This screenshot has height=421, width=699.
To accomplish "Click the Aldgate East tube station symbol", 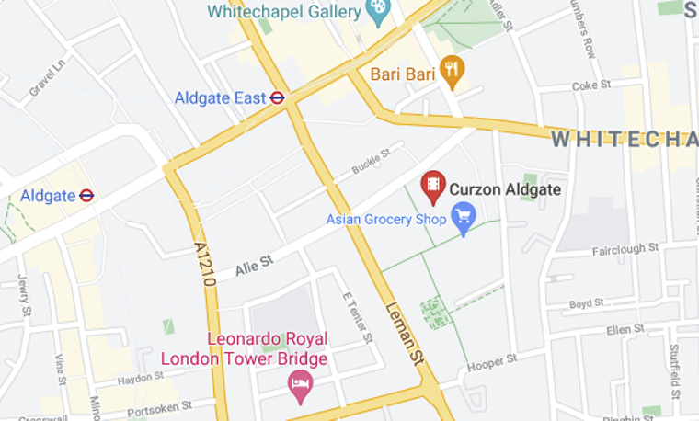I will click(277, 97).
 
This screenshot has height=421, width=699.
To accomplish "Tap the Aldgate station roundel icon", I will click(87, 195).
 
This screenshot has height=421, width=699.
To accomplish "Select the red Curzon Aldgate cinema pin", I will click(433, 187).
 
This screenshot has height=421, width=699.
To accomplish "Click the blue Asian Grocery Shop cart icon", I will click(464, 219).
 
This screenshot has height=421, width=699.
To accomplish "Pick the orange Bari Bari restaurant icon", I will click(451, 70).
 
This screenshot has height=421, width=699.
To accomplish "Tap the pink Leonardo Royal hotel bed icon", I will click(300, 384).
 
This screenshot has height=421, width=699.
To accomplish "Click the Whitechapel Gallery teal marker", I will click(377, 11).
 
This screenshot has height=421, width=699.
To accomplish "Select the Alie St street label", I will click(254, 266).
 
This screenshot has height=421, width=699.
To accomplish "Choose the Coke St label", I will click(591, 85).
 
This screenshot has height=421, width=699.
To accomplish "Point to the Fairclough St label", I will click(625, 249).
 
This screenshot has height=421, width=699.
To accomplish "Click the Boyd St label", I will click(586, 302).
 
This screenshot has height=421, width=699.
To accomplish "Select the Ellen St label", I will click(625, 329).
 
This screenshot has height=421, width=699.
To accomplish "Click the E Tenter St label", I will click(358, 318).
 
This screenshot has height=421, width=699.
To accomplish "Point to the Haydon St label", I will click(140, 377).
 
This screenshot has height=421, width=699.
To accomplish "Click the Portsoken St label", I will click(158, 405).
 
